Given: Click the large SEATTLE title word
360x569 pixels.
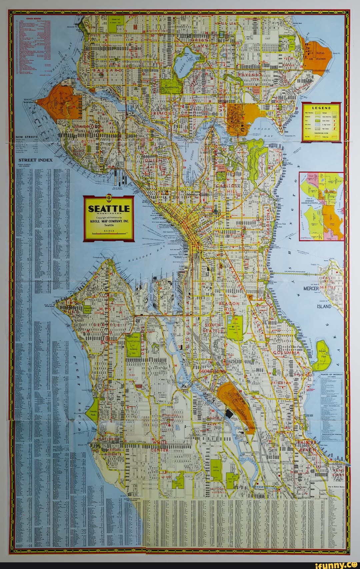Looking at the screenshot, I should [108, 209].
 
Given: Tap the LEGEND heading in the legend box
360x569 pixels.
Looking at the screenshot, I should [321, 108].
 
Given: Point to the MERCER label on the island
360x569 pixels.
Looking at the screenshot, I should [311, 288].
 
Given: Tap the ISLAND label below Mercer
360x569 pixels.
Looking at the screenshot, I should [324, 306].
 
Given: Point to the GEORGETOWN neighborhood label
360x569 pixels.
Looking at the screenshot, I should [212, 371].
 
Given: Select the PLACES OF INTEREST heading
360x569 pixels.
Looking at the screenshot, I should [331, 374].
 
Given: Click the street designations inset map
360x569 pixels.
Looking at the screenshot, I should [321, 206].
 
